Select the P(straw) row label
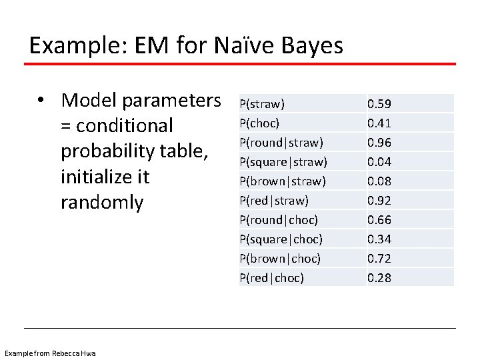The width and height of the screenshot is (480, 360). tap(262, 103)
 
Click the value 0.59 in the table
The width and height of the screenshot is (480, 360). tap(379, 103)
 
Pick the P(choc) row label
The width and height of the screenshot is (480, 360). tap(259, 123)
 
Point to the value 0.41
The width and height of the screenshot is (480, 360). tap(379, 123)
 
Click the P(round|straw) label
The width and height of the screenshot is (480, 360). tap(281, 142)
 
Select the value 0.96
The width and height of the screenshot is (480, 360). tap(379, 142)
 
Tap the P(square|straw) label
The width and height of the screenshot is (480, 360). tap(283, 161)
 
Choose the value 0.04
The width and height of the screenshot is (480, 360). tap(379, 161)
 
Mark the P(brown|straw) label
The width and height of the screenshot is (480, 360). tap(282, 181)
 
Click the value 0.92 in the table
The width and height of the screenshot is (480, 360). tap(379, 200)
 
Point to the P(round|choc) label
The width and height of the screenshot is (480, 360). tap(278, 219)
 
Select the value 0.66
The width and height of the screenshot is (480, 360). tap(379, 219)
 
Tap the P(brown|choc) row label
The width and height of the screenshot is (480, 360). tap(279, 258)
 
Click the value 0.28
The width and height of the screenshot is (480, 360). tap(379, 277)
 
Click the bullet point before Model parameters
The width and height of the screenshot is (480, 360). tap(41, 101)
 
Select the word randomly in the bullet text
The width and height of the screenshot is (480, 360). tap(101, 203)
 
